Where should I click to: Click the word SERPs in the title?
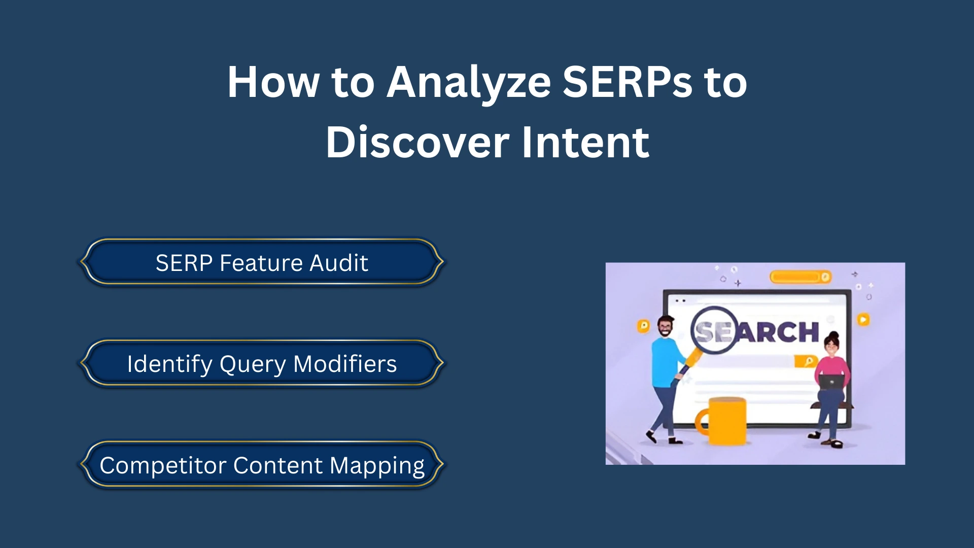(x=627, y=82)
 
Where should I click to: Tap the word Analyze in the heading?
(x=468, y=82)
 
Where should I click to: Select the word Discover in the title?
(x=417, y=143)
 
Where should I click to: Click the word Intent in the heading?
(x=585, y=143)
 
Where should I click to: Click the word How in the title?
(x=273, y=82)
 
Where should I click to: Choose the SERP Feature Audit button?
(x=262, y=263)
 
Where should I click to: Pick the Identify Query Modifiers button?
(x=262, y=364)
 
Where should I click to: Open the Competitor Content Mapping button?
(x=262, y=465)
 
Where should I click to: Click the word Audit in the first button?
(x=338, y=263)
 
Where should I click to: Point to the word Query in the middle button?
(x=253, y=365)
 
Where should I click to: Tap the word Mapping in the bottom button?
(x=377, y=466)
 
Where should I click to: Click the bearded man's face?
(x=665, y=327)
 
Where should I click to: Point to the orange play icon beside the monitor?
(x=863, y=320)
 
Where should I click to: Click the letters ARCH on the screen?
(x=779, y=333)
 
